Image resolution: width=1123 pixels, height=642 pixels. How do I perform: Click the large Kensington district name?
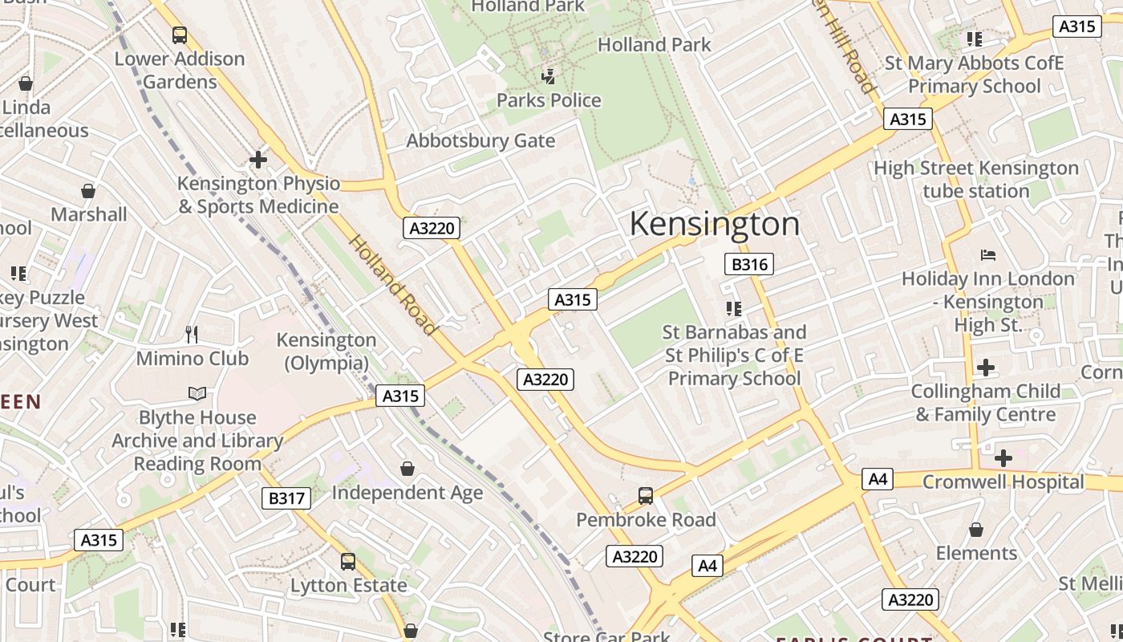click(714, 224)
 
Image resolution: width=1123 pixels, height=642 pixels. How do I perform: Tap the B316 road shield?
click(750, 264)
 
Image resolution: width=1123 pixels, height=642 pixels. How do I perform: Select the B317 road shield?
click(286, 498)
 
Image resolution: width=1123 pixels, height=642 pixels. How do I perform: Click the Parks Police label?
click(549, 100)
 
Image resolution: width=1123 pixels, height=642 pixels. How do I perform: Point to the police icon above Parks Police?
click(549, 77)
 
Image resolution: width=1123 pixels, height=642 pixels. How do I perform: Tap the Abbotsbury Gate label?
click(480, 141)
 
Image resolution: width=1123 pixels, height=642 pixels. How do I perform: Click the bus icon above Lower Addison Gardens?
click(180, 35)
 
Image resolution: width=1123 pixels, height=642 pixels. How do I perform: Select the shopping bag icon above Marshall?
click(88, 191)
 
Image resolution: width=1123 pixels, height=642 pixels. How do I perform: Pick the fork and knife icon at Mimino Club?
click(191, 334)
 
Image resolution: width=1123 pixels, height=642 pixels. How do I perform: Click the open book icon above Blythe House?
click(197, 393)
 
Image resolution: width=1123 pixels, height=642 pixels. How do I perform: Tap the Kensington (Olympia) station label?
click(326, 351)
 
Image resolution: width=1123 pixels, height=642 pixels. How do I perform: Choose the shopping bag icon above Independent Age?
click(407, 469)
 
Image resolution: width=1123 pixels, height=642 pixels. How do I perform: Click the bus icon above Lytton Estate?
click(348, 562)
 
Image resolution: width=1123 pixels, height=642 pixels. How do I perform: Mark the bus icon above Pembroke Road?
click(646, 496)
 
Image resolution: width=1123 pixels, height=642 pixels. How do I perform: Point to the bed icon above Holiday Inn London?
click(988, 255)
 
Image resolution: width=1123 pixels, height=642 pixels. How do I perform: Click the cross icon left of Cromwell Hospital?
click(1003, 458)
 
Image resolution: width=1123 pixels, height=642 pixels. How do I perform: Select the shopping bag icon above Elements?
click(976, 530)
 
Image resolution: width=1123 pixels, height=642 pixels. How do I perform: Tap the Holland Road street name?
click(393, 285)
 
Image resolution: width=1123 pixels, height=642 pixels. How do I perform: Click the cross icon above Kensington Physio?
click(257, 160)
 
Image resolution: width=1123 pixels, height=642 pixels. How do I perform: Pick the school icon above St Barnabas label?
click(733, 308)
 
